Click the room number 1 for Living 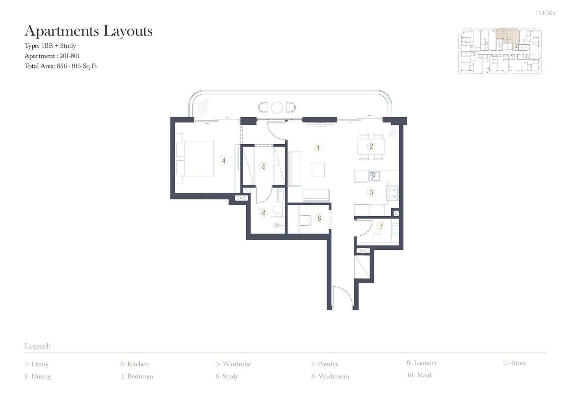[318, 148]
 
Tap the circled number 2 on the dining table [371, 146]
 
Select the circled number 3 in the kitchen [371, 192]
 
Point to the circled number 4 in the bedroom [223, 160]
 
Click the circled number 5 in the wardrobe [263, 166]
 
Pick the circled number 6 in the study [319, 218]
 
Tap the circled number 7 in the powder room [381, 226]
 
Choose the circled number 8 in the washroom [263, 212]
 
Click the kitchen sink [374, 176]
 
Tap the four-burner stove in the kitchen [392, 193]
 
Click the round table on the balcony [277, 107]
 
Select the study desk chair [305, 220]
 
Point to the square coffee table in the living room [317, 170]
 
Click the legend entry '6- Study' [226, 376]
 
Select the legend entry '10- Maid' [419, 375]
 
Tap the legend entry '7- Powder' [324, 364]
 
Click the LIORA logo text [547, 13]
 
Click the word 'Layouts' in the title [128, 31]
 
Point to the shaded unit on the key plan [508, 38]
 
